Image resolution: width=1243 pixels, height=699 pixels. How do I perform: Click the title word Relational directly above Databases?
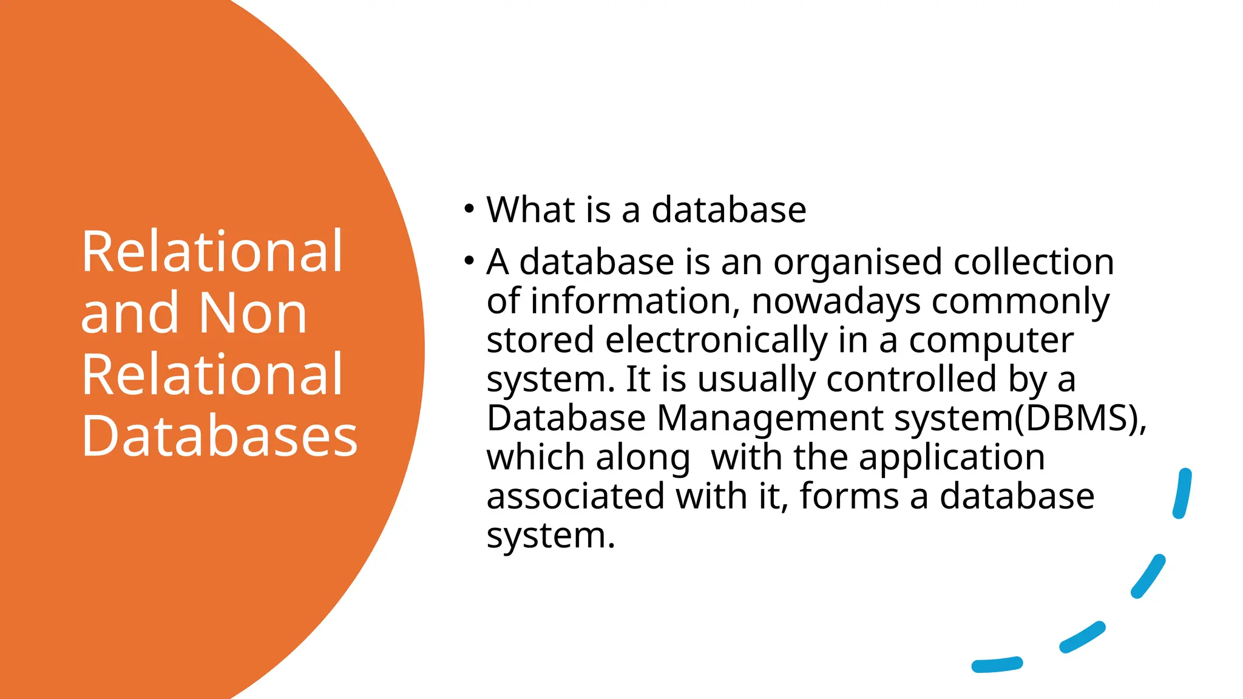pos(212,374)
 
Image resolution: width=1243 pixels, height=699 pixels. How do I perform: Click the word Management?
pos(770,419)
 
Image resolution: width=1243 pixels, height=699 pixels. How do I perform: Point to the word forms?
pos(849,496)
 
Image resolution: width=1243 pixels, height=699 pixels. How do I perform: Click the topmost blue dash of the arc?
pos(1182,493)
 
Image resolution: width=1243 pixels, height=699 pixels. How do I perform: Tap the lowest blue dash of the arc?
pos(997,664)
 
